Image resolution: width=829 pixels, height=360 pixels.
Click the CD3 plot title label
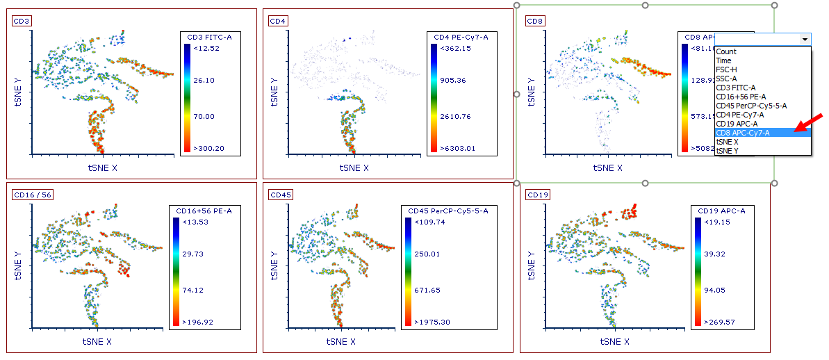pos(22,21)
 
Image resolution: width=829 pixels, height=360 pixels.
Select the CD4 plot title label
pos(278,21)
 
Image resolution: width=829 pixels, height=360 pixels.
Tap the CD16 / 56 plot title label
pos(33,195)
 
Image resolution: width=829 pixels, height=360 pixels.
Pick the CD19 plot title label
pos(537,195)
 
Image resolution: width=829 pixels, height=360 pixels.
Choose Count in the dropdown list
pos(726,51)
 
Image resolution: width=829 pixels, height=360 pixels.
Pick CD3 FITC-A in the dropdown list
pos(736,88)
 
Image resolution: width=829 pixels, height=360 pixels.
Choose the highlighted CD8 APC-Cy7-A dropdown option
pos(743,133)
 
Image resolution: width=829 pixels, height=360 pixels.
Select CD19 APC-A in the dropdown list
pos(738,124)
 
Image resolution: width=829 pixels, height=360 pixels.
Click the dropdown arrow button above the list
pos(805,40)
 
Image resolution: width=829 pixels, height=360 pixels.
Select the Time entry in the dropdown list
pos(723,60)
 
